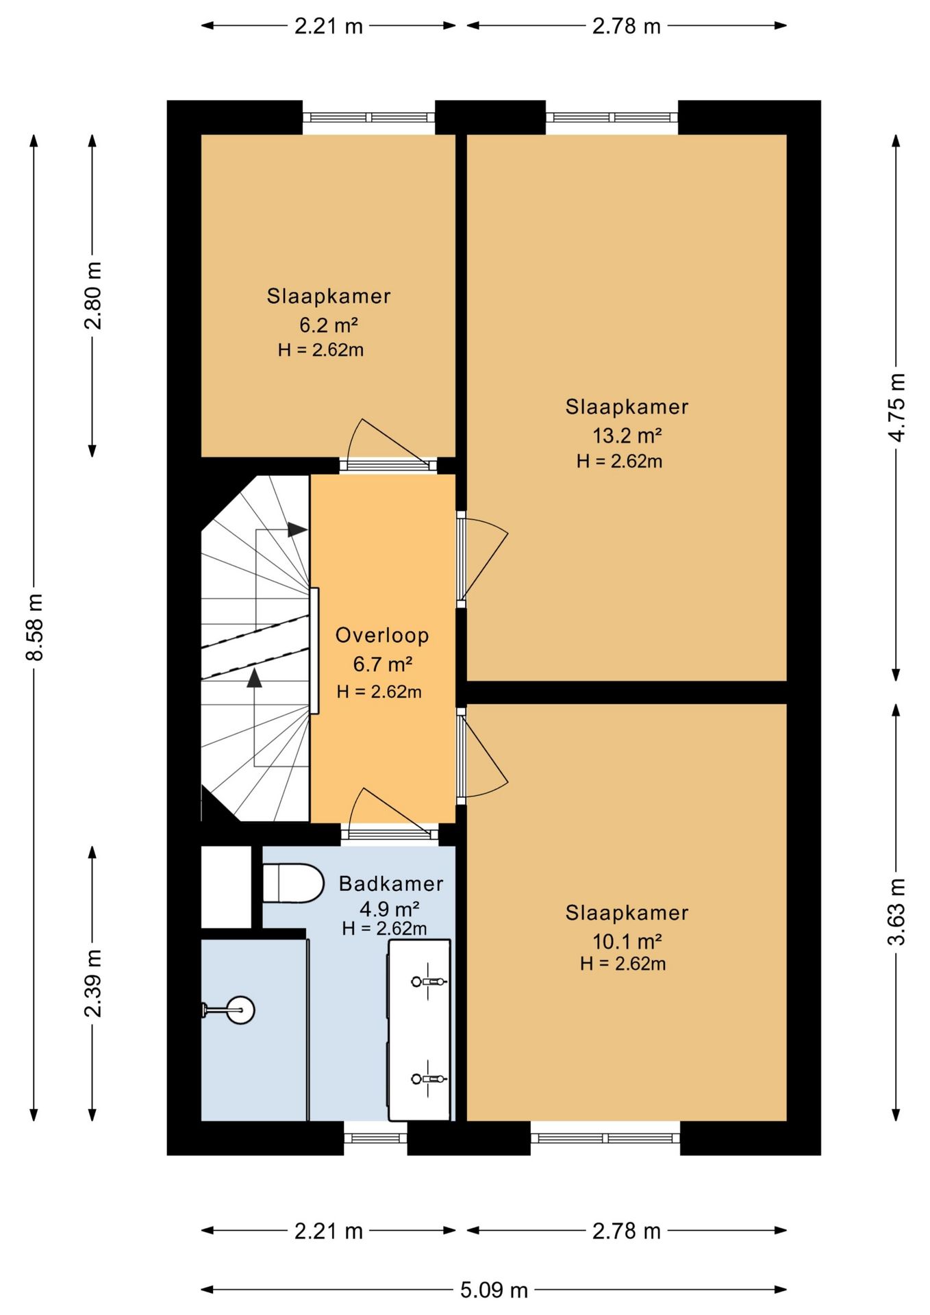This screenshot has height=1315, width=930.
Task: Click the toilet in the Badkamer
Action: pos(293,883)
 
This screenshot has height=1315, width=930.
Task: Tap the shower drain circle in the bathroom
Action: pos(240,1010)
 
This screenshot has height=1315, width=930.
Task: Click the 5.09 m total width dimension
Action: pos(494,1290)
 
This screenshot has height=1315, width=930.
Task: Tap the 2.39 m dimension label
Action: pos(92,984)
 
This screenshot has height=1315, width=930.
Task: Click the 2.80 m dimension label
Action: pos(92,295)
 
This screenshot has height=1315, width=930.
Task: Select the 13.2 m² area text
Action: pos(627,435)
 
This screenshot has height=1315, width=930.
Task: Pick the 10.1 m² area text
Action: pos(627,941)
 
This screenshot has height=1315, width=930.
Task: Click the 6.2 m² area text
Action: pos(329,324)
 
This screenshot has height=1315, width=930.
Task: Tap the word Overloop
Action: pos(382,636)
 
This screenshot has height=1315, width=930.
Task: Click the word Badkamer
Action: pos(391,884)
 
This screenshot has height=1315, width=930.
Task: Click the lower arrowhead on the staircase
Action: pos(255,678)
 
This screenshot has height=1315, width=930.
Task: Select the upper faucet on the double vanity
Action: pos(429,981)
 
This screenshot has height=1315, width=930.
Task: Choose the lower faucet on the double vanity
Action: pos(429,1079)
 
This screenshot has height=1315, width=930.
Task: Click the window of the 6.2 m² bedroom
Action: pos(369,118)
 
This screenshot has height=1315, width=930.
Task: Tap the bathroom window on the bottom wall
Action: pos(375,1138)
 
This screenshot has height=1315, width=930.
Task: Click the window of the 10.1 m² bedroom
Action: pos(605,1138)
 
